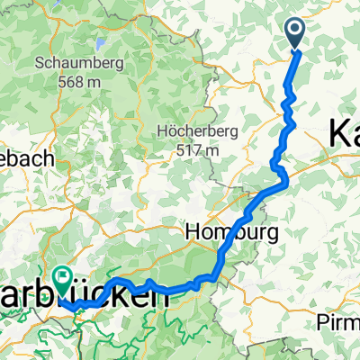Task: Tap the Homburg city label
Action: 221,232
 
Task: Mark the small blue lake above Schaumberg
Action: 94,43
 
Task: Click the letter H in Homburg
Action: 192,231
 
